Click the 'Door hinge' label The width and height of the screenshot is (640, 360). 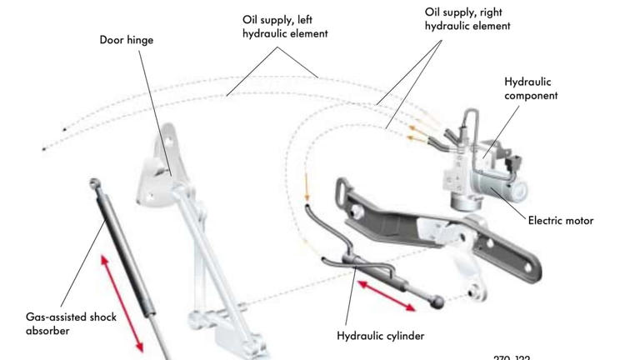(127, 40)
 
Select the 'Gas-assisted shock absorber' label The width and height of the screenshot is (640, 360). (71, 323)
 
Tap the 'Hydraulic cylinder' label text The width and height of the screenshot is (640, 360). (380, 336)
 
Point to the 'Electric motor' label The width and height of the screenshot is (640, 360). (561, 221)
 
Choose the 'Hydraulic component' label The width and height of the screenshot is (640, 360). (531, 88)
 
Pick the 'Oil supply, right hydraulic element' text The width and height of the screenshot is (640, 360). (467, 19)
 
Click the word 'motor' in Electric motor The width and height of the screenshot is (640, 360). (577, 221)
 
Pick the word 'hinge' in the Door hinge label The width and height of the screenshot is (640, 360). (140, 40)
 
